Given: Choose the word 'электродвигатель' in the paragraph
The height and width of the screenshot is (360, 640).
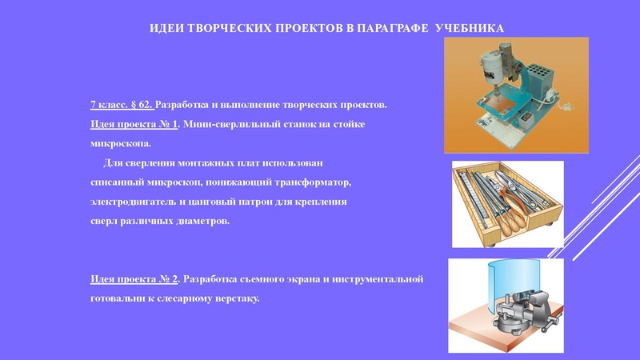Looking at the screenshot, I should [132, 202].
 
